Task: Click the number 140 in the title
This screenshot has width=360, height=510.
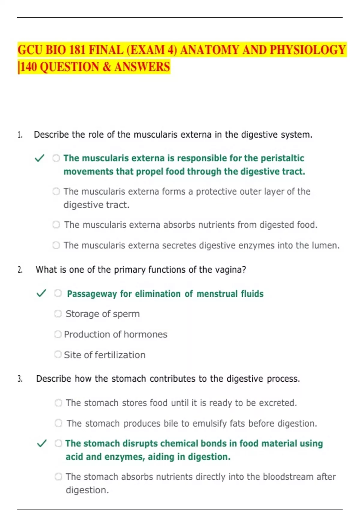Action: point(29,67)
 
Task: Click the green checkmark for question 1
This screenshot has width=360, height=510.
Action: point(40,158)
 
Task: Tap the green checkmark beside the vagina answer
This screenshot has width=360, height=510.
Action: point(41,293)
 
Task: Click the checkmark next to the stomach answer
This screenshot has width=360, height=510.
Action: point(41,443)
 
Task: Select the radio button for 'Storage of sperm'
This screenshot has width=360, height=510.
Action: point(58,313)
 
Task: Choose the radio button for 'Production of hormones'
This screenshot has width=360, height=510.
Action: point(58,334)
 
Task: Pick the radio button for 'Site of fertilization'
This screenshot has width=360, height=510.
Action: point(58,355)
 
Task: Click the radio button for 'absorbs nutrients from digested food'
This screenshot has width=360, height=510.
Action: point(56,225)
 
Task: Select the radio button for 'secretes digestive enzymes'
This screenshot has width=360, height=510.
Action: point(56,245)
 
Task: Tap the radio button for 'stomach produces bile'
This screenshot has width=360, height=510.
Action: point(58,423)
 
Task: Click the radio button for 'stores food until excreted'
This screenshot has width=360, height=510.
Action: point(58,403)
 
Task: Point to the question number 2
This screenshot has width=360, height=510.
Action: point(20,270)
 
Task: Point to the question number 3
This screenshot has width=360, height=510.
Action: point(20,379)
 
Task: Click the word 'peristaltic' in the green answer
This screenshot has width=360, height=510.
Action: point(282,158)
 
